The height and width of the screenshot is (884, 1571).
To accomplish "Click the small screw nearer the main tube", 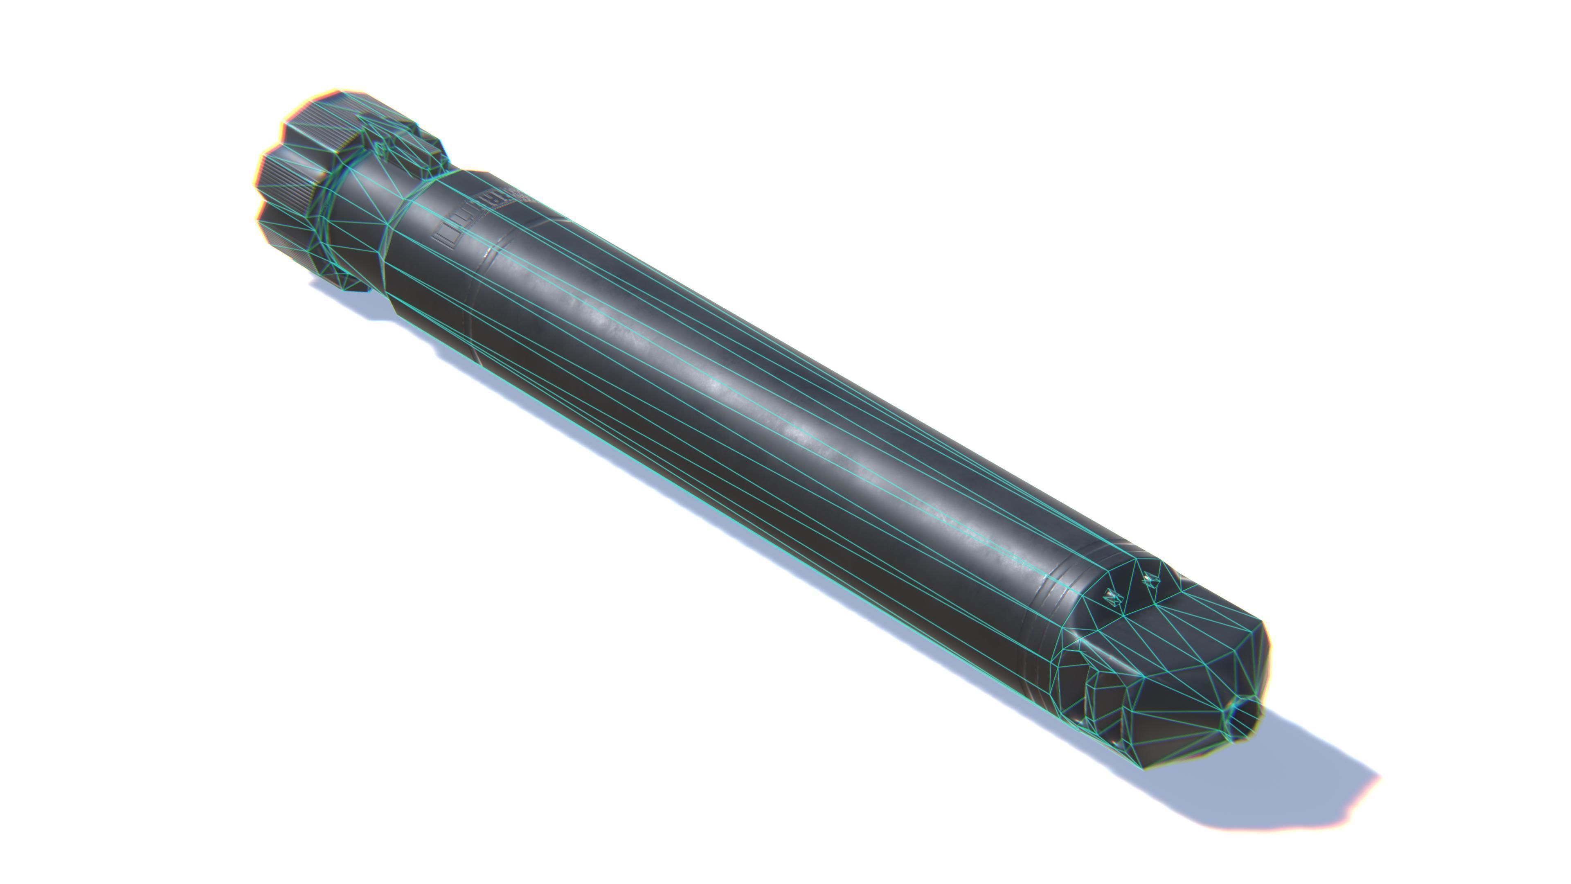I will click(1114, 597).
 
